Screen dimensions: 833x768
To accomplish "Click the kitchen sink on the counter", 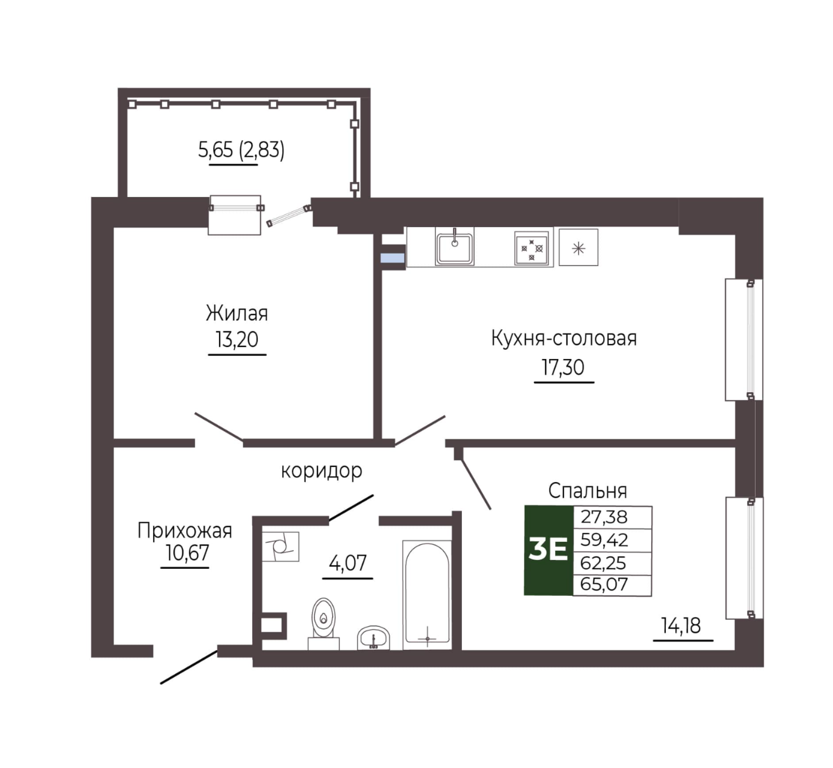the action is pyautogui.click(x=454, y=247).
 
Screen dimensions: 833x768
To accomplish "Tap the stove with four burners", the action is pyautogui.click(x=531, y=248).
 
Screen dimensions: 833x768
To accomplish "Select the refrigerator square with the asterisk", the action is pyautogui.click(x=578, y=247).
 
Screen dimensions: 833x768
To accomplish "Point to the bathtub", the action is pyautogui.click(x=427, y=595).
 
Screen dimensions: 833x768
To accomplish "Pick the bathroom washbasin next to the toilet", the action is pyautogui.click(x=373, y=638).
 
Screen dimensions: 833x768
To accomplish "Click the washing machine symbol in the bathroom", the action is pyautogui.click(x=280, y=547).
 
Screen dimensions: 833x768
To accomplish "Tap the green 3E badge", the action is pyautogui.click(x=548, y=550).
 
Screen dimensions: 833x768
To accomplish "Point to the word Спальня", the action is pyautogui.click(x=587, y=491).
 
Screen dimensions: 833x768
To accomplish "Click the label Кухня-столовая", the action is pyautogui.click(x=564, y=339).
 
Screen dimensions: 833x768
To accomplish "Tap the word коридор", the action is pyautogui.click(x=322, y=471).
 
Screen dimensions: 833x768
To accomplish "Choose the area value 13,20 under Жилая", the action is pyautogui.click(x=237, y=340).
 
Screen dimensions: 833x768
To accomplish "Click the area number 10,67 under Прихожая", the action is pyautogui.click(x=187, y=552).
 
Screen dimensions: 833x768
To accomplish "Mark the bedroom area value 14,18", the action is pyautogui.click(x=681, y=626).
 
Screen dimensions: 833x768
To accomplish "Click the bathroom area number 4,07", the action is pyautogui.click(x=348, y=563).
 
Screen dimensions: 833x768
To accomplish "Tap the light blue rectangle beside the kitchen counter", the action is pyautogui.click(x=393, y=258).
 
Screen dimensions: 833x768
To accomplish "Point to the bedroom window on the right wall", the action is pyautogui.click(x=744, y=558).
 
